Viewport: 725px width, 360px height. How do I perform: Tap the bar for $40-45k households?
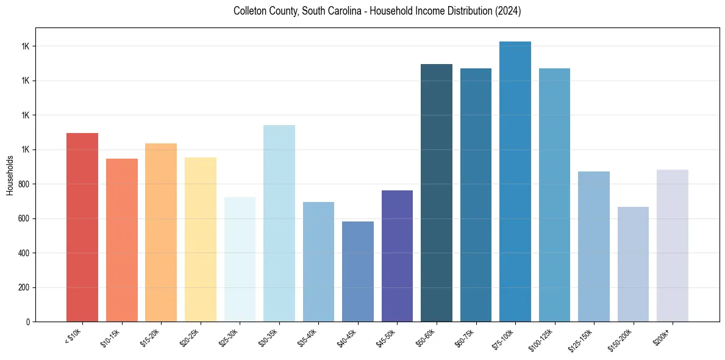point(358,272)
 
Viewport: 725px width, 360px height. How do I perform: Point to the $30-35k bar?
point(279,223)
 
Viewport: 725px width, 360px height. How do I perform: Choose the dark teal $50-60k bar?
point(437,193)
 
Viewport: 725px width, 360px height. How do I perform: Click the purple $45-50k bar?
point(397,256)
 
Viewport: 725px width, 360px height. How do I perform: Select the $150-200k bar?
point(633,264)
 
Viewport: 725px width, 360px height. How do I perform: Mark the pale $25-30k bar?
point(240,259)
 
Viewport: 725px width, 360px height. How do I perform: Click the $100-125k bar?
point(554,195)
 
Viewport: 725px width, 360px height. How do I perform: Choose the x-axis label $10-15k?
point(111,336)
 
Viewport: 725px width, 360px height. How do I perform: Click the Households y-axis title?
point(10,175)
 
